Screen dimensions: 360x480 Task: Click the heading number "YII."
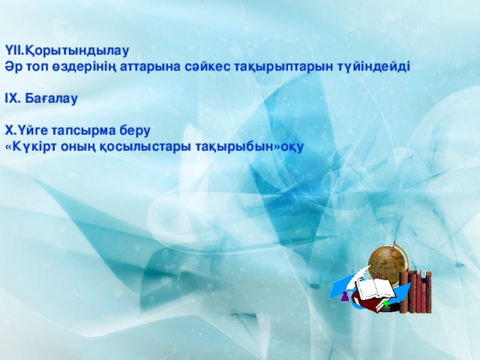click(14, 51)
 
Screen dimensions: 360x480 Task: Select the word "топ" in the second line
click(34, 66)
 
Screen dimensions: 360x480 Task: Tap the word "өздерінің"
click(75, 66)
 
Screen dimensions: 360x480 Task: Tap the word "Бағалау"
click(52, 97)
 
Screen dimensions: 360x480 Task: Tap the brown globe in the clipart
click(390, 262)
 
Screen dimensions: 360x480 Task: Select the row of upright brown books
click(416, 292)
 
